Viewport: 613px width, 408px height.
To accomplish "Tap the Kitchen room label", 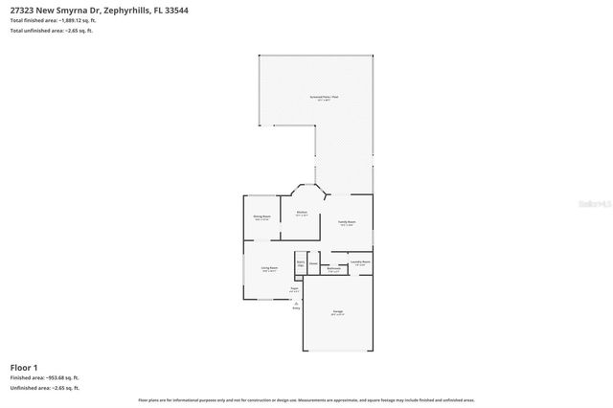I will [x=302, y=214].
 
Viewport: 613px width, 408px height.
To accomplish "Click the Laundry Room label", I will [x=360, y=261].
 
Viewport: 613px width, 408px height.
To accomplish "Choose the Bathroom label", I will [x=333, y=269].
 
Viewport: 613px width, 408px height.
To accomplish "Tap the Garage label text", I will [x=338, y=312].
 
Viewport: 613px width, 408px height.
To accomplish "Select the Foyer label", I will [x=295, y=289].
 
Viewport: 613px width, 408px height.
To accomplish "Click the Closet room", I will [x=313, y=261].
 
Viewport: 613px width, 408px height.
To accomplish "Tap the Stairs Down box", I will [x=300, y=262].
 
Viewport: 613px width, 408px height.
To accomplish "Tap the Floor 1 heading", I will [x=24, y=367].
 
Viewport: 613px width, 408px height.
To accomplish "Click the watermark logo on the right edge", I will [x=600, y=203].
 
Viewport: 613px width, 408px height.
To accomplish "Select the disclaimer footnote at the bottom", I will [x=306, y=399].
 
